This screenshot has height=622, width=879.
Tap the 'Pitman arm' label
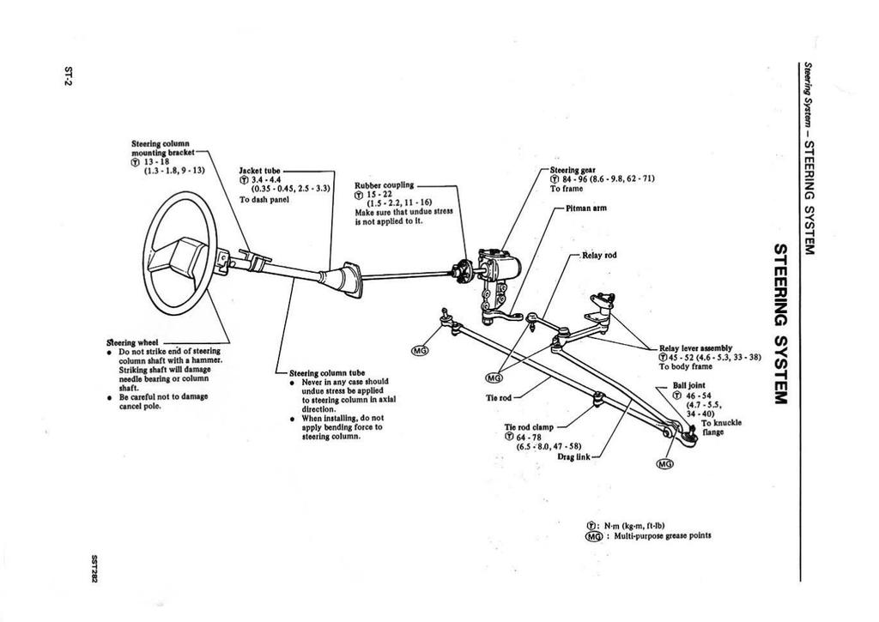[586, 208]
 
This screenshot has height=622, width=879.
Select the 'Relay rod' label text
[598, 256]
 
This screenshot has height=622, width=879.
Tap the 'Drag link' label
[572, 456]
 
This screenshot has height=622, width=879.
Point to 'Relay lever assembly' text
[695, 348]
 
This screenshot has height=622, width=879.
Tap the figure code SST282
[90, 568]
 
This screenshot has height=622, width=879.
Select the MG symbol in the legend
[591, 536]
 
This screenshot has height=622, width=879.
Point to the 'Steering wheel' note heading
[120, 341]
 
